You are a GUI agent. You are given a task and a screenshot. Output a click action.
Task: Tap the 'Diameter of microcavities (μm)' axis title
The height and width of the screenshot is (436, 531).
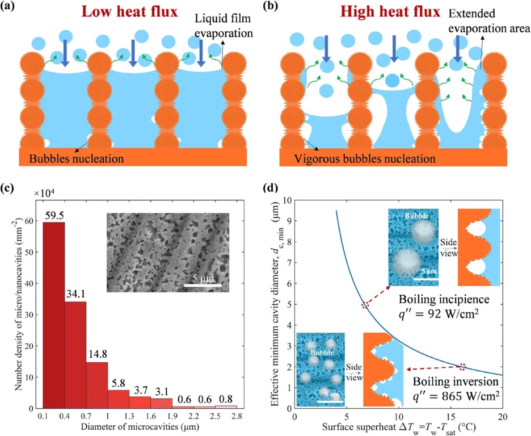click(x=138, y=426)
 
